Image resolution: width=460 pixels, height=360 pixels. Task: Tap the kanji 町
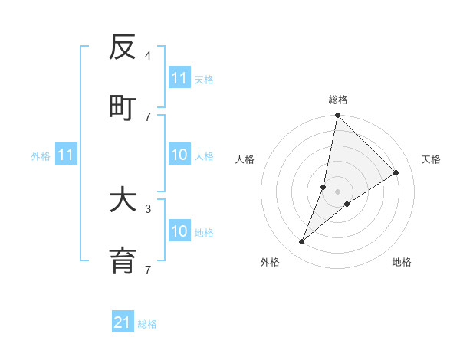tap(123, 106)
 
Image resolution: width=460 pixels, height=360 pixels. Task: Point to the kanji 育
tap(123, 260)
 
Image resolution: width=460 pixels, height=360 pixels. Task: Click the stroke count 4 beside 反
tap(148, 56)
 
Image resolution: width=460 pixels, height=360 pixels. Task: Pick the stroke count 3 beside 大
tap(148, 208)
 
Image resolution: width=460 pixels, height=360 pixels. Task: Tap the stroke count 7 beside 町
tap(148, 116)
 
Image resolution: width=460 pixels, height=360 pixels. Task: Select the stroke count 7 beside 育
tap(148, 269)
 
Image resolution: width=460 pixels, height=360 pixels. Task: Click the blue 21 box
tap(123, 322)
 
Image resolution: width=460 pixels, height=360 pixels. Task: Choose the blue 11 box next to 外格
tap(66, 155)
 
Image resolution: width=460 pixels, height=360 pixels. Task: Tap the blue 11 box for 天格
tap(179, 78)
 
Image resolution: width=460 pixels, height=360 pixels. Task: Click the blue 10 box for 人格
tap(179, 155)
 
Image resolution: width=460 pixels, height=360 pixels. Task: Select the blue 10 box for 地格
tap(179, 231)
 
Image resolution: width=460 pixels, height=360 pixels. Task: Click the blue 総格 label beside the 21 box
tap(147, 324)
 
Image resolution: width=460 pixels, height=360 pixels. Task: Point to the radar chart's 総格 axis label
tap(338, 100)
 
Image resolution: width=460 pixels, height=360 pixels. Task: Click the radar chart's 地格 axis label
tap(402, 262)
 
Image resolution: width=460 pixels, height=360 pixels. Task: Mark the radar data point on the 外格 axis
tap(302, 242)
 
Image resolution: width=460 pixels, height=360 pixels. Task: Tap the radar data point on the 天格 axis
tap(396, 172)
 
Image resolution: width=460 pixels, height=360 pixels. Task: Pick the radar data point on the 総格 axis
tap(337, 116)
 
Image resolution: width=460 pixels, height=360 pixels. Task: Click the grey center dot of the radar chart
tap(337, 191)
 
